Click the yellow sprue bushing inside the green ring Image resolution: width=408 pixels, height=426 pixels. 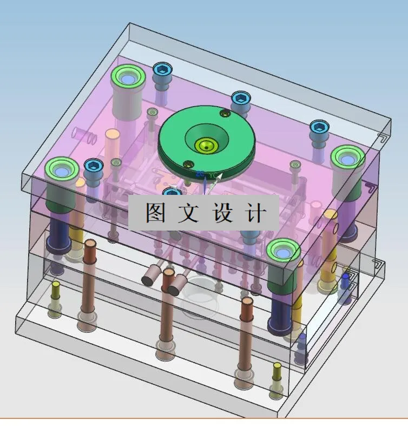pyautogui.click(x=207, y=145)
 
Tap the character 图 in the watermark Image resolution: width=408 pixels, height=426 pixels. pyautogui.click(x=154, y=213)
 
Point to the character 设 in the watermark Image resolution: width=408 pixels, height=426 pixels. pyautogui.click(x=219, y=213)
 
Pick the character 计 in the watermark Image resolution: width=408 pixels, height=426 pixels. pyautogui.click(x=253, y=213)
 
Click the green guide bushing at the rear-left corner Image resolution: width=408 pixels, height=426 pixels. pyautogui.click(x=128, y=79)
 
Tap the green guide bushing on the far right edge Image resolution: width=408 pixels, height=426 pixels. pyautogui.click(x=347, y=159)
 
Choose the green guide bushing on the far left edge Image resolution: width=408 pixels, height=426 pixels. pyautogui.click(x=62, y=170)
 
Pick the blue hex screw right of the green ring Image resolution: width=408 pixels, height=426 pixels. pyautogui.click(x=240, y=99)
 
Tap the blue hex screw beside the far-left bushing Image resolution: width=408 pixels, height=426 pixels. pyautogui.click(x=94, y=166)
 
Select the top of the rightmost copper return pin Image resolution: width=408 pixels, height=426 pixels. pyautogui.click(x=247, y=302)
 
